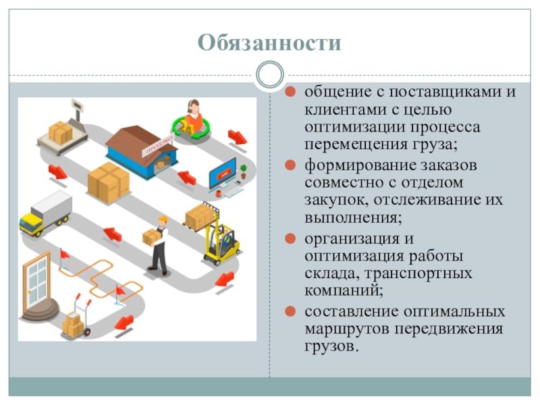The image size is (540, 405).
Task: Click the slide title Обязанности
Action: click(269, 44)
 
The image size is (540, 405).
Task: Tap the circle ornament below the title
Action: click(270, 74)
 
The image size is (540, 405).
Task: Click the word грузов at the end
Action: click(329, 347)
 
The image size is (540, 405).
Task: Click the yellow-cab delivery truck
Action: click(45, 213)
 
